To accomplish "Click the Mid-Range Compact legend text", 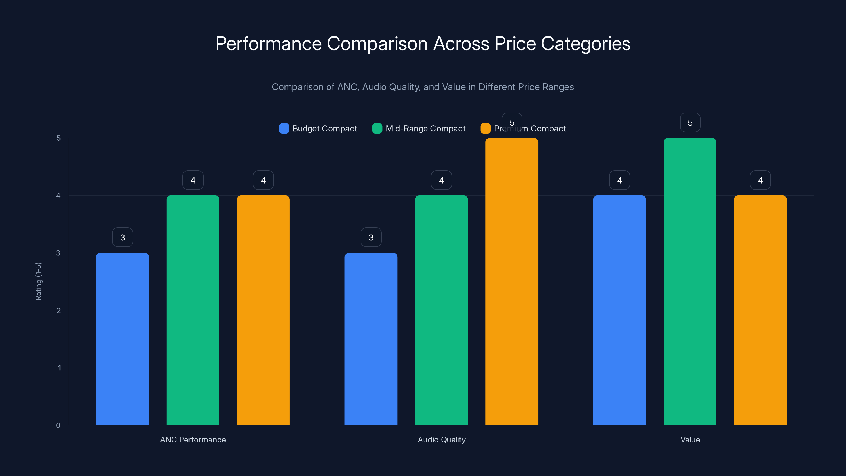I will click(x=425, y=129).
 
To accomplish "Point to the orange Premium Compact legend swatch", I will click(x=485, y=129).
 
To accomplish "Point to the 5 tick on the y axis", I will click(x=58, y=138).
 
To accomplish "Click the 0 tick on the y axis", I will click(x=58, y=425).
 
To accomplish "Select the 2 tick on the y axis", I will click(x=58, y=310).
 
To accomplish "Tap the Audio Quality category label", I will click(x=442, y=440).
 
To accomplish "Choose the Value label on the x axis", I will click(x=690, y=440).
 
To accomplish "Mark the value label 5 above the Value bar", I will click(x=690, y=122).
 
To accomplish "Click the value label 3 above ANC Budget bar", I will click(x=122, y=237).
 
